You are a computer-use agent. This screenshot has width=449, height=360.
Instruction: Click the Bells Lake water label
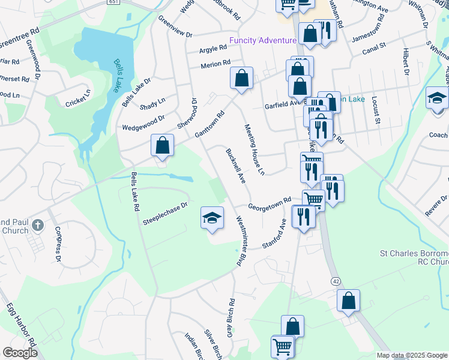pyautogui.click(x=115, y=76)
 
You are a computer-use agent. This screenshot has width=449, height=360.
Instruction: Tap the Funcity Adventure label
pyautogui.click(x=263, y=41)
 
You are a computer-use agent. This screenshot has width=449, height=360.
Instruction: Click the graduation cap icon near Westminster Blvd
pyautogui.click(x=212, y=218)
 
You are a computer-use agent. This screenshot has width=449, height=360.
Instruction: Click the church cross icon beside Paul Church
pyautogui.click(x=37, y=225)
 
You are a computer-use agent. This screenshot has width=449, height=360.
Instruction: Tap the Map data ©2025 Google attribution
pyautogui.click(x=411, y=355)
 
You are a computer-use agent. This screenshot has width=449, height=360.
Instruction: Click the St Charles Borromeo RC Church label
pyautogui.click(x=414, y=257)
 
